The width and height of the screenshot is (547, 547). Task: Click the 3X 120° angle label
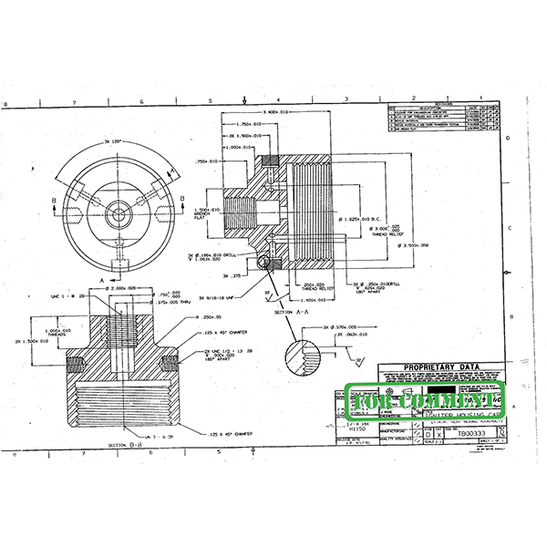tap(116, 142)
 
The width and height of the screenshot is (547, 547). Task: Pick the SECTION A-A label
tap(288, 311)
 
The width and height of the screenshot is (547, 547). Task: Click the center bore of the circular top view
tap(118, 215)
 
